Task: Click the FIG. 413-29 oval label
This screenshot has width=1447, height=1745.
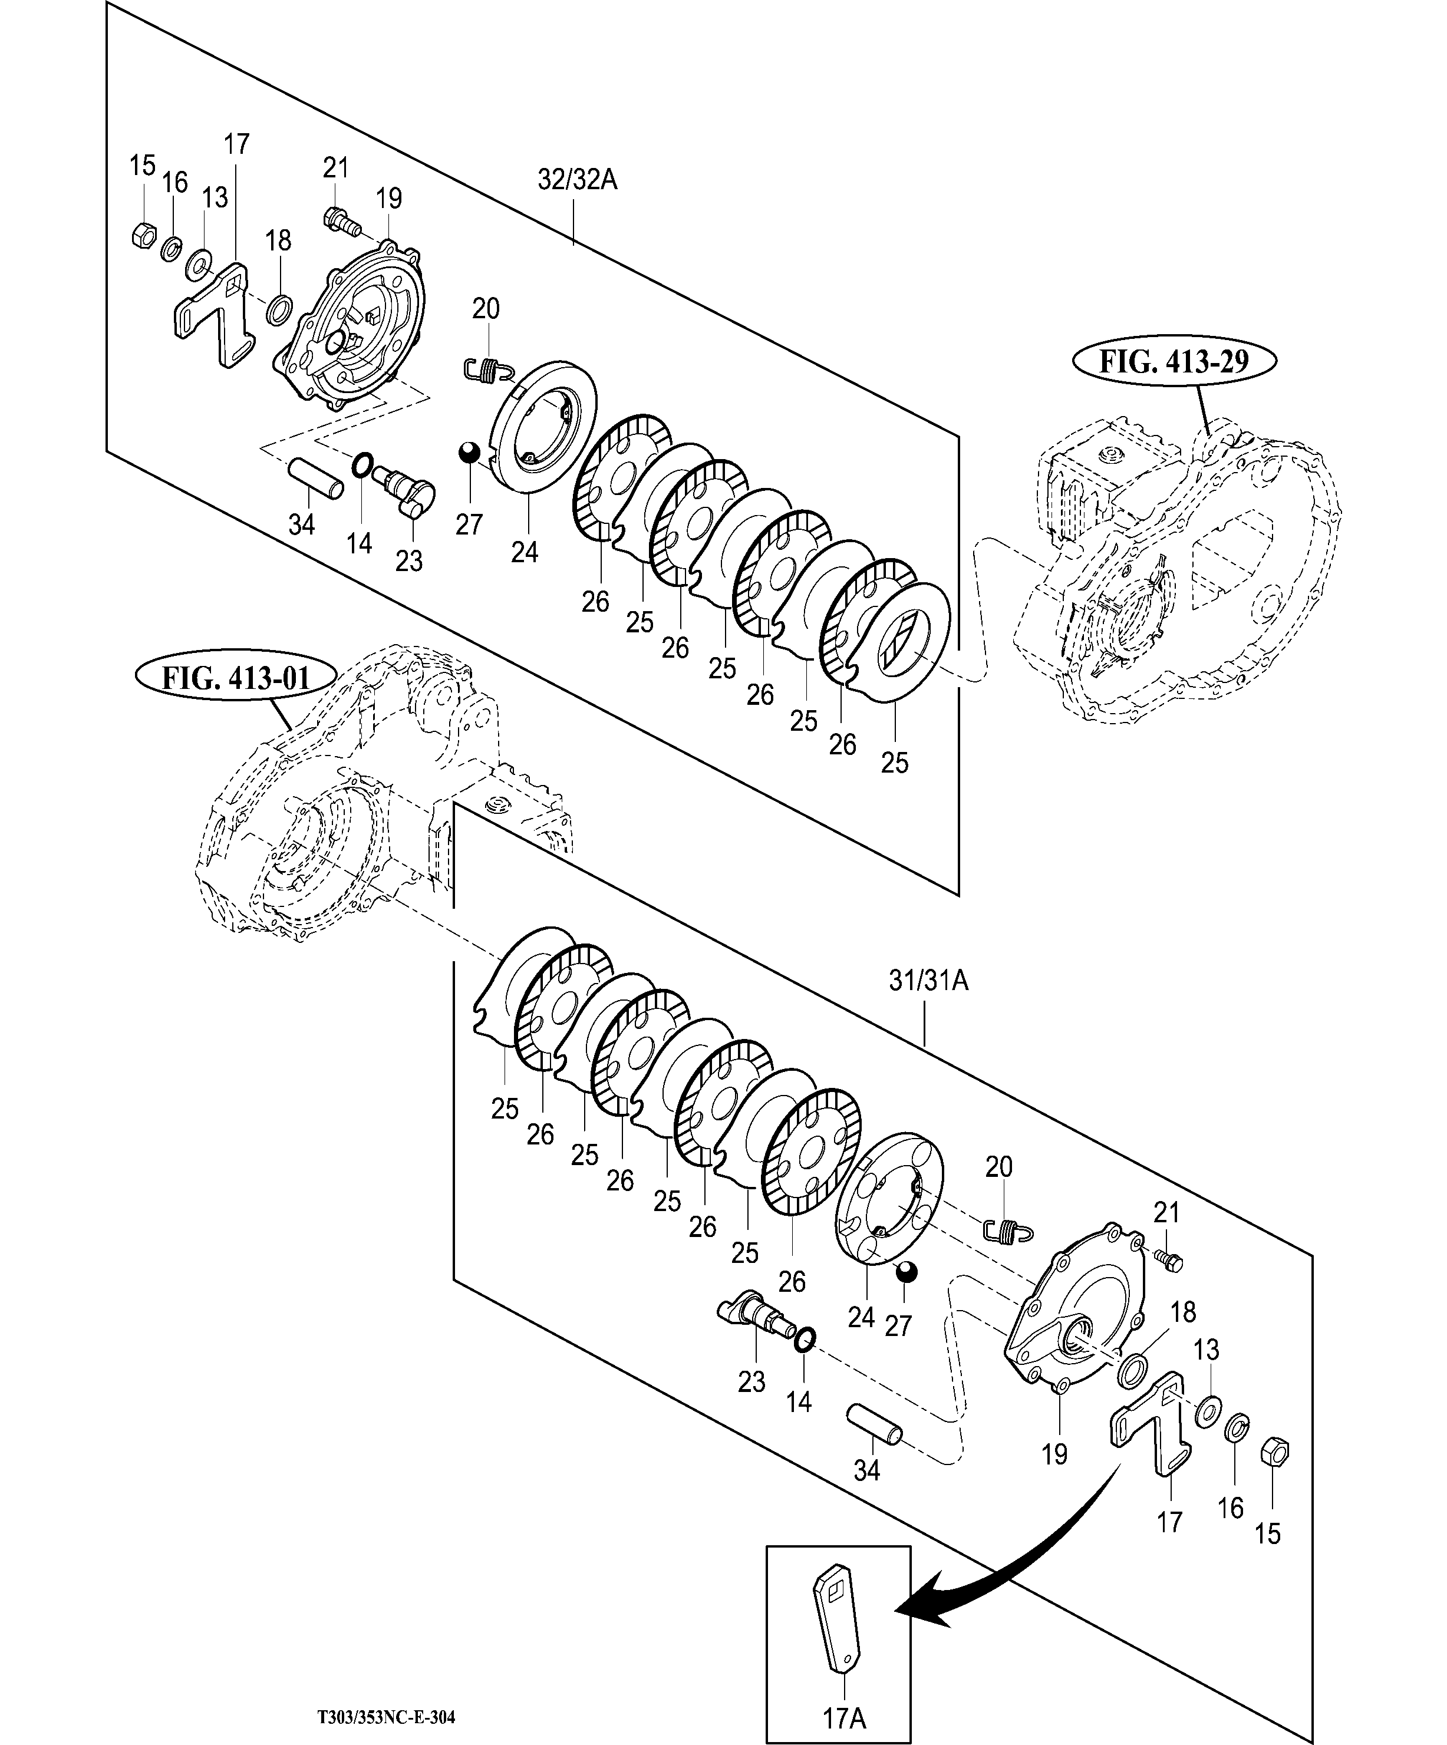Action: click(x=1174, y=362)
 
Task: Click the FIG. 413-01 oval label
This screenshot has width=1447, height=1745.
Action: click(x=235, y=677)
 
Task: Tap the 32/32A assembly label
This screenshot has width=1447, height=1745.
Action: click(x=577, y=180)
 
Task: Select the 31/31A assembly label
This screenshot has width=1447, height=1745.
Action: click(x=928, y=981)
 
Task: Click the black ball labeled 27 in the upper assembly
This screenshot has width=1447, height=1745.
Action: click(x=470, y=453)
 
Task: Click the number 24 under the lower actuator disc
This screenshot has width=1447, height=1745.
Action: click(x=861, y=1317)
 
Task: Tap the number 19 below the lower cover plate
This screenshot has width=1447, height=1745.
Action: click(x=1054, y=1454)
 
